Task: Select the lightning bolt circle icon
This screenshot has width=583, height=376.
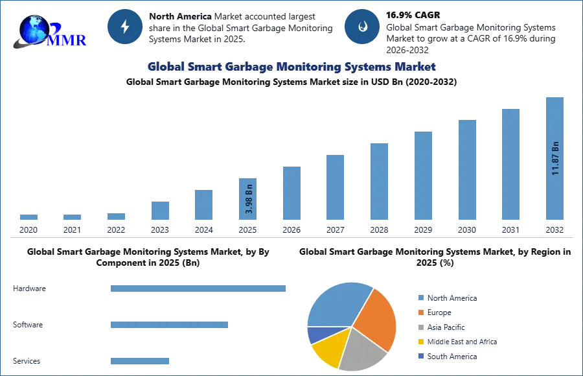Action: click(125, 26)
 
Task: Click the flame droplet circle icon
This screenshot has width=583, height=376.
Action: click(361, 26)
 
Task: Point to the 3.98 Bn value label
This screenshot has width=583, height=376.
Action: click(249, 200)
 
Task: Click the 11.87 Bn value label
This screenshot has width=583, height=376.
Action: click(555, 158)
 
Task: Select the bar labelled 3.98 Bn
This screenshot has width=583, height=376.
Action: click(248, 194)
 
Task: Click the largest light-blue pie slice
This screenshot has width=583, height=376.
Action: click(337, 305)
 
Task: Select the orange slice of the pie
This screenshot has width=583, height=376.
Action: click(378, 318)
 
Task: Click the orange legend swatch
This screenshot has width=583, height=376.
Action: click(420, 312)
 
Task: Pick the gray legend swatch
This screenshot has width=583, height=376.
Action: click(420, 327)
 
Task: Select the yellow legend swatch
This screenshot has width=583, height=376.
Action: click(420, 342)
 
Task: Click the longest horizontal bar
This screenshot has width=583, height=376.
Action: click(199, 290)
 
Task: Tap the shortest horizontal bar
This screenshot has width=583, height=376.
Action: click(139, 362)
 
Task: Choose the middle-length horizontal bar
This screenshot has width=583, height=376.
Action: click(168, 327)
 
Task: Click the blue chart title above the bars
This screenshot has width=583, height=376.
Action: click(293, 67)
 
